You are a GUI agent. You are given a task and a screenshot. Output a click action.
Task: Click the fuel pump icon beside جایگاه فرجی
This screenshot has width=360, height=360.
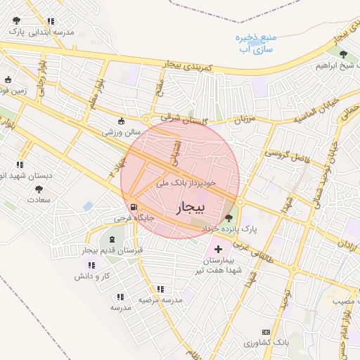pyautogui.click(x=133, y=207)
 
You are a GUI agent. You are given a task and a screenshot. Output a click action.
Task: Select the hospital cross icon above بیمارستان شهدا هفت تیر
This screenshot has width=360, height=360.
pyautogui.click(x=217, y=249)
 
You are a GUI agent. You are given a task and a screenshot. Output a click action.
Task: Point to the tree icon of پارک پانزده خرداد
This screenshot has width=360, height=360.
pyautogui.click(x=229, y=218)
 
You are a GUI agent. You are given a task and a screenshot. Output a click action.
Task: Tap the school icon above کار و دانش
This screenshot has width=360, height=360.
pyautogui.click(x=91, y=265)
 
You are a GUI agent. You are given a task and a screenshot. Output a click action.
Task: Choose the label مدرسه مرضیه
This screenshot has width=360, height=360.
pyautogui.click(x=160, y=300)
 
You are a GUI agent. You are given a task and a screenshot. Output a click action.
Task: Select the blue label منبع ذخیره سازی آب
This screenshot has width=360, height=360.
pyautogui.click(x=255, y=43)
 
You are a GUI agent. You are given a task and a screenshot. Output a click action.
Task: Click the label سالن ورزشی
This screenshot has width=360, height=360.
pyautogui.click(x=122, y=131)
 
